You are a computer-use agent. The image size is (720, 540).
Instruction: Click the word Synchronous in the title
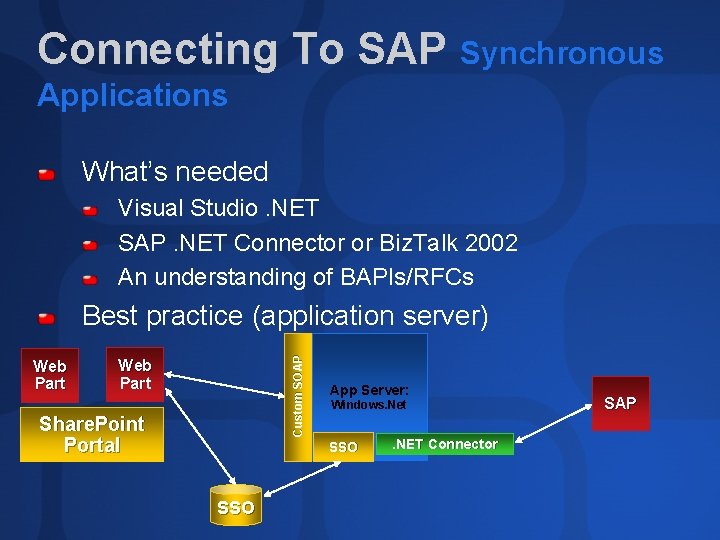click(561, 53)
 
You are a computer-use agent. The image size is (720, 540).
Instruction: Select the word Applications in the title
click(132, 96)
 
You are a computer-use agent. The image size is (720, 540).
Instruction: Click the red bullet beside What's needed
click(46, 174)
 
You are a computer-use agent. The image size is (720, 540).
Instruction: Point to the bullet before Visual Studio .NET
click(90, 211)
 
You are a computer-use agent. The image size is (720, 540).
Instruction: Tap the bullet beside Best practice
click(46, 319)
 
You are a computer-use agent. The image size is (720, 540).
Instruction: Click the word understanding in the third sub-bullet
click(229, 277)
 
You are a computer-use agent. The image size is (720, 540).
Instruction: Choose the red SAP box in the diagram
click(620, 403)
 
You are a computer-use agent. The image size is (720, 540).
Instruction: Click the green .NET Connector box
click(445, 444)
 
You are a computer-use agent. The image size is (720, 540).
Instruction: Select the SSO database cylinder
click(235, 505)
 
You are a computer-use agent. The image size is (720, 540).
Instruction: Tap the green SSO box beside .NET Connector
click(343, 446)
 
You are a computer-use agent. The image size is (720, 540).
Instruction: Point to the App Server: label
click(369, 390)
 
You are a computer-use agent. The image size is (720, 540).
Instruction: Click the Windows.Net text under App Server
click(368, 406)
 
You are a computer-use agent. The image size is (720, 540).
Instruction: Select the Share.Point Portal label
click(92, 435)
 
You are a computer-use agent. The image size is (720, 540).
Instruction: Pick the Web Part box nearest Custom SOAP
click(135, 374)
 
